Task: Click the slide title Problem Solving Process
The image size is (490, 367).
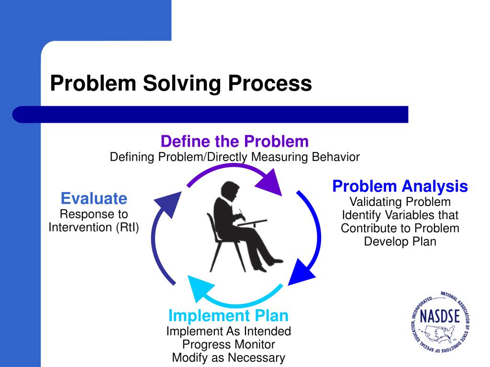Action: click(x=181, y=83)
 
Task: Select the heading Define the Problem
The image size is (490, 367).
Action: click(x=234, y=141)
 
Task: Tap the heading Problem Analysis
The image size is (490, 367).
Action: click(x=400, y=186)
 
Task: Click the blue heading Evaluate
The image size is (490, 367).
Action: click(x=94, y=198)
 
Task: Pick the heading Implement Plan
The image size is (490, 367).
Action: click(x=228, y=316)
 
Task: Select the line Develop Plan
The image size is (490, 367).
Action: click(x=400, y=241)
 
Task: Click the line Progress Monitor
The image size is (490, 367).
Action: click(x=228, y=344)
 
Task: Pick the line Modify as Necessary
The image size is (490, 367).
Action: click(x=228, y=357)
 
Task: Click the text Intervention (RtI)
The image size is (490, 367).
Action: click(x=94, y=227)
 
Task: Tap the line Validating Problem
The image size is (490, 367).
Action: click(x=400, y=202)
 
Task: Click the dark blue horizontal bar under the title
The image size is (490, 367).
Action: click(x=211, y=115)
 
